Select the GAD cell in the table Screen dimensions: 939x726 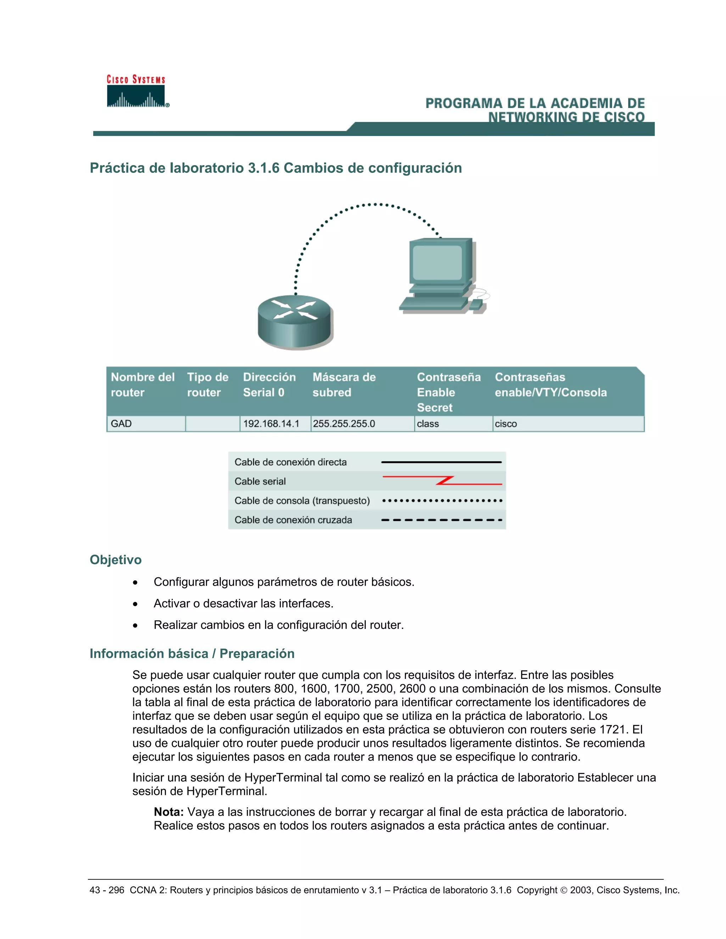tap(121, 423)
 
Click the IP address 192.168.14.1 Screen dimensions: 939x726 tap(271, 423)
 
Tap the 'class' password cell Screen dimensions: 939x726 tap(428, 423)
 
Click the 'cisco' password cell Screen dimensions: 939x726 tap(506, 423)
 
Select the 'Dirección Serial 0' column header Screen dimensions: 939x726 tap(269, 384)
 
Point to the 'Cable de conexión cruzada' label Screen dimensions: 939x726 tap(293, 520)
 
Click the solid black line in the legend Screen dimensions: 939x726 tap(441, 462)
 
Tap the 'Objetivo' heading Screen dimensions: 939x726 tap(115, 560)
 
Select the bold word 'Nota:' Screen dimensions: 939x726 tap(169, 812)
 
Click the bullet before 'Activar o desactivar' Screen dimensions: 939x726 tap(135, 604)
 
